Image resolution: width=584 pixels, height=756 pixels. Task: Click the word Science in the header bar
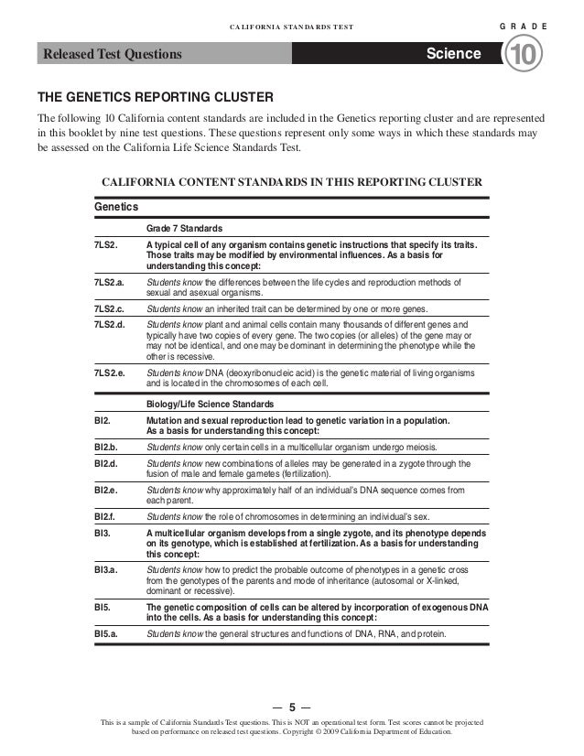pyautogui.click(x=453, y=54)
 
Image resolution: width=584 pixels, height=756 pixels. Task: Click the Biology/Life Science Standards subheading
pyautogui.click(x=210, y=404)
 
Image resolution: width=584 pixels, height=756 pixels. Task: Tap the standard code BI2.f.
pyautogui.click(x=108, y=517)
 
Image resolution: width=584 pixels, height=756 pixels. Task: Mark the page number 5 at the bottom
pyautogui.click(x=292, y=707)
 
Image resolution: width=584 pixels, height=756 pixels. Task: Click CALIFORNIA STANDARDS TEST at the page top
pyautogui.click(x=292, y=27)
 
